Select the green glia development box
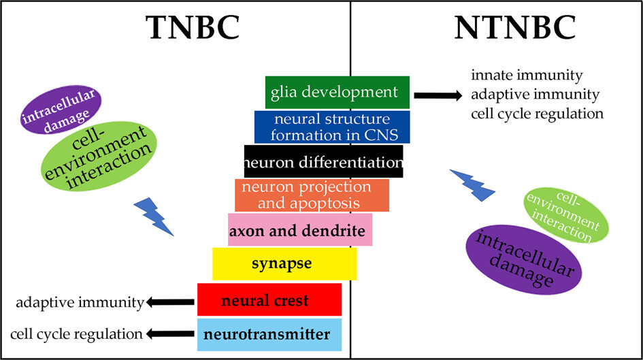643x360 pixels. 337,92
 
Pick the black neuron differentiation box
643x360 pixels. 323,162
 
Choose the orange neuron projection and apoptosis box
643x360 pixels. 312,195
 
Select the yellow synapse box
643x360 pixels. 284,263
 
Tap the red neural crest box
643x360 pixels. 269,300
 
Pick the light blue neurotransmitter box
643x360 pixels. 269,335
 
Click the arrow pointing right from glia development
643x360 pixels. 438,95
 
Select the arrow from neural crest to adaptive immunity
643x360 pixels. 170,301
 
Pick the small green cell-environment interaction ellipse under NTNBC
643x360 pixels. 563,216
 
